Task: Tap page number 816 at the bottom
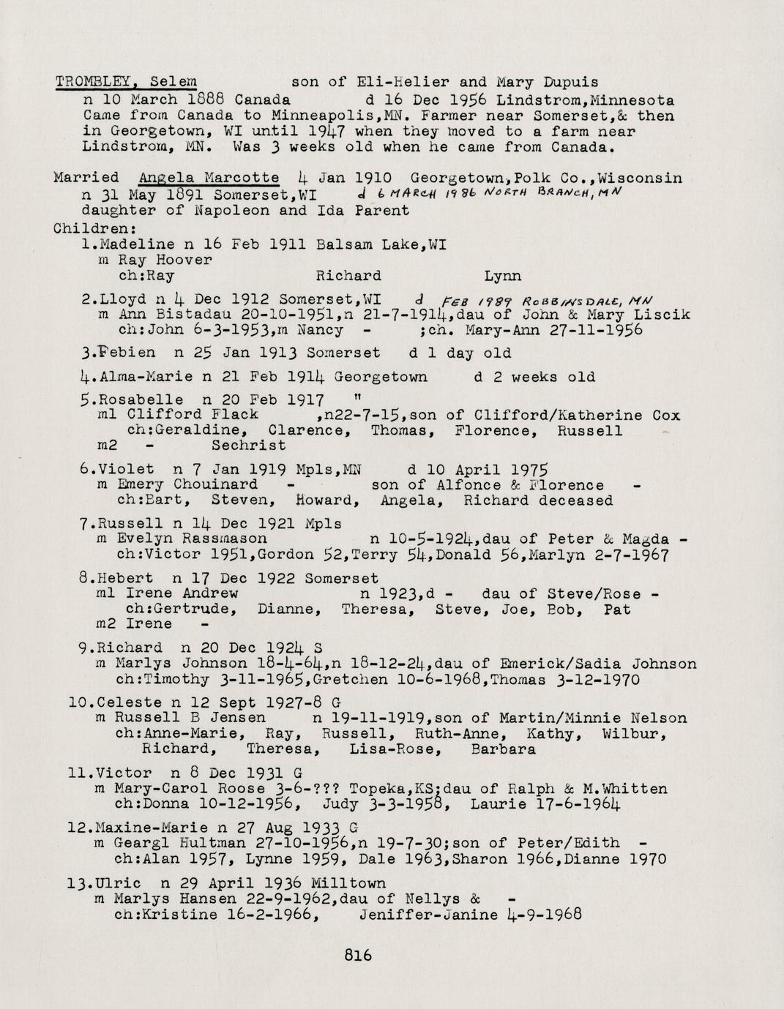pyautogui.click(x=358, y=954)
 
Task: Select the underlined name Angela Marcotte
pyautogui.click(x=208, y=178)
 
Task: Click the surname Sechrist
pyautogui.click(x=249, y=445)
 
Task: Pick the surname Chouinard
pyautogui.click(x=215, y=484)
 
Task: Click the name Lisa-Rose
pyautogui.click(x=390, y=749)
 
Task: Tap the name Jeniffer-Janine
pyautogui.click(x=429, y=915)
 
